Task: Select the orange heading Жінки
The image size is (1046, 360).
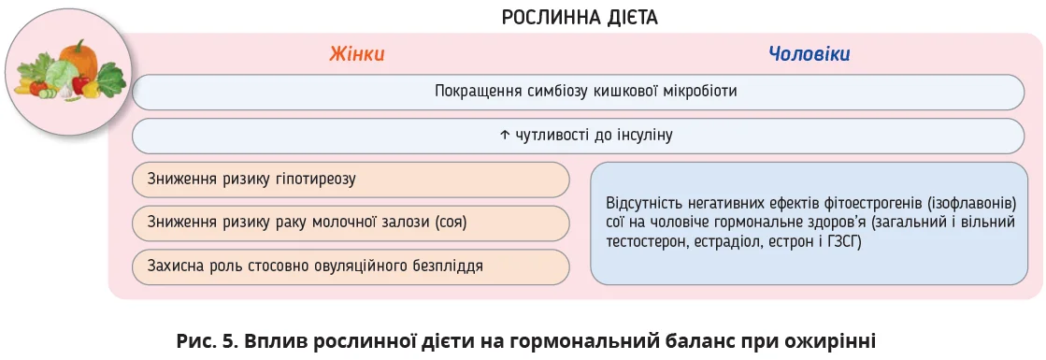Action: [x=357, y=54]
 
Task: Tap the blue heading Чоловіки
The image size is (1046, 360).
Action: [x=810, y=54]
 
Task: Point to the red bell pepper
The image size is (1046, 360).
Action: [x=80, y=85]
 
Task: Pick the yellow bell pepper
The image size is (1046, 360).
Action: [x=91, y=90]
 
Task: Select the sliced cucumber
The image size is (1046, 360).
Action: [x=46, y=94]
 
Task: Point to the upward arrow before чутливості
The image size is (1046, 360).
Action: [x=504, y=135]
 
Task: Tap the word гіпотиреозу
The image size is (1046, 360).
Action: [x=315, y=179]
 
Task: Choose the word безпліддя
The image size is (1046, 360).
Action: [x=449, y=266]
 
